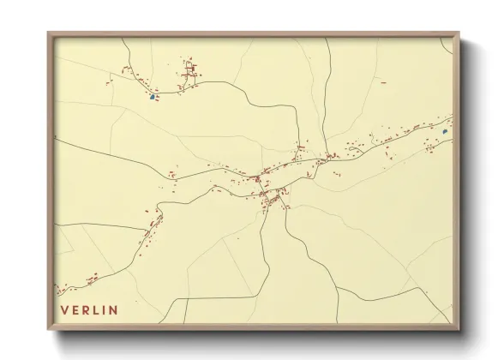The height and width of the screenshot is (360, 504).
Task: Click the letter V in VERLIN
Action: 63,309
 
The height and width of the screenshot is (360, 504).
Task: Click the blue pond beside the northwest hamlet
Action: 153,97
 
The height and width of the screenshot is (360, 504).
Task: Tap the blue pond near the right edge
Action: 445,132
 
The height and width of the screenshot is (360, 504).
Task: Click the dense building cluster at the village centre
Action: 273,199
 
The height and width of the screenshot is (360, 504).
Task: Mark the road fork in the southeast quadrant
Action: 338,290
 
